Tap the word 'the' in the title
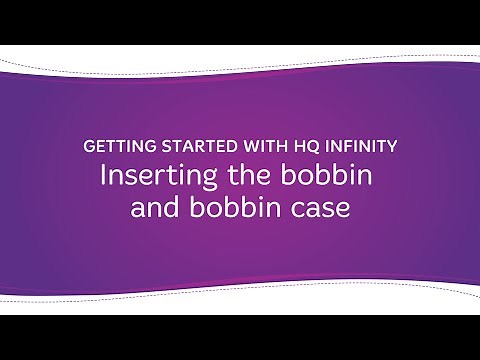click(234, 176)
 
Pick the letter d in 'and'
click(172, 208)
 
